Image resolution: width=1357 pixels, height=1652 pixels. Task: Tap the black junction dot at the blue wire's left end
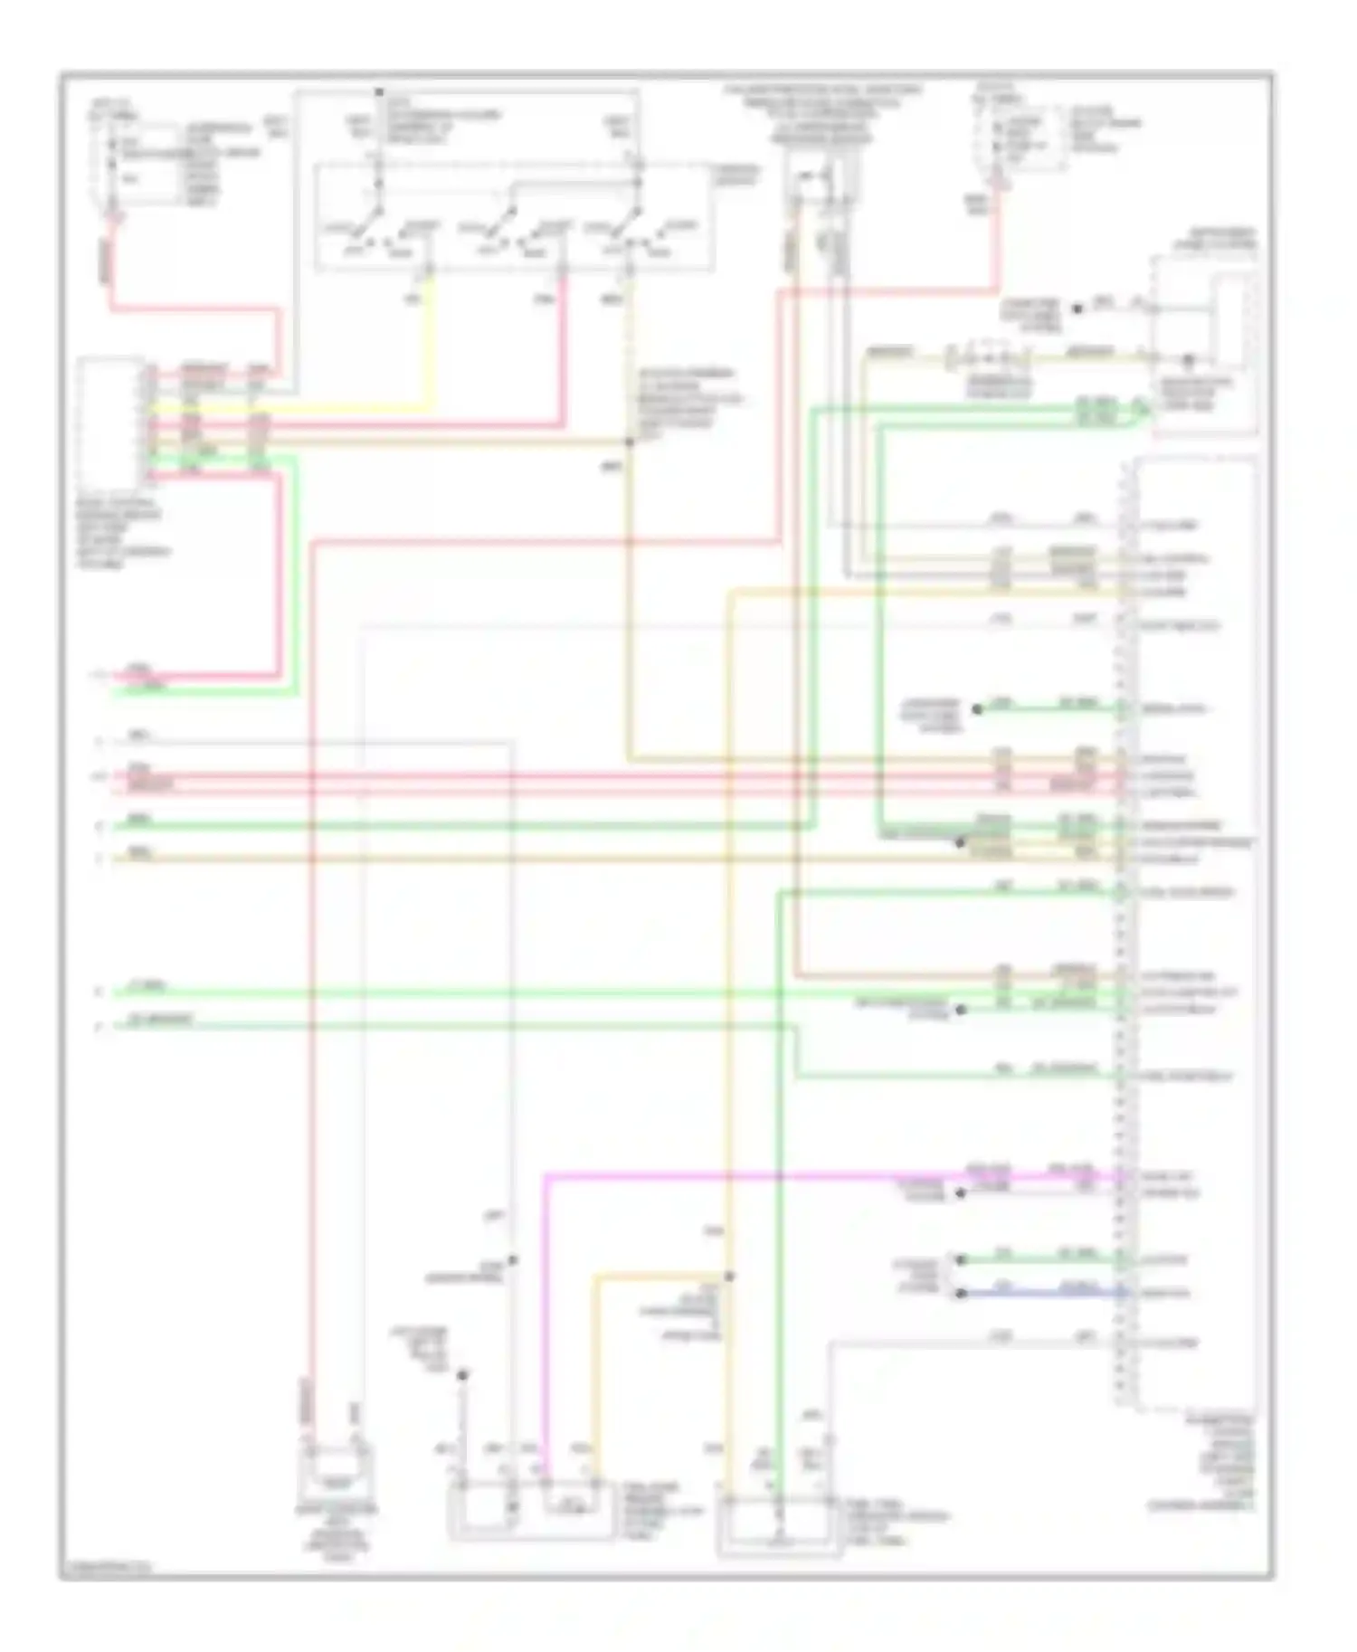click(x=962, y=1294)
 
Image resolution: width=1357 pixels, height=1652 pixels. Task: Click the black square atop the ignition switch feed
click(x=380, y=92)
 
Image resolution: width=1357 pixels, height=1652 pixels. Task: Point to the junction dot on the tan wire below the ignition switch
click(x=629, y=442)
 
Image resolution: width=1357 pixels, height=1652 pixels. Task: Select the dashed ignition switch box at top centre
click(x=512, y=217)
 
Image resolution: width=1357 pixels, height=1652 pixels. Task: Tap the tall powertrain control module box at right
click(x=1194, y=932)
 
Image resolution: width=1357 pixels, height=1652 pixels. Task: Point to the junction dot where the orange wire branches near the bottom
click(x=729, y=1277)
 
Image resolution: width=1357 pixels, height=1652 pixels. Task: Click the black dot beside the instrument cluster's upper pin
click(x=1077, y=309)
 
